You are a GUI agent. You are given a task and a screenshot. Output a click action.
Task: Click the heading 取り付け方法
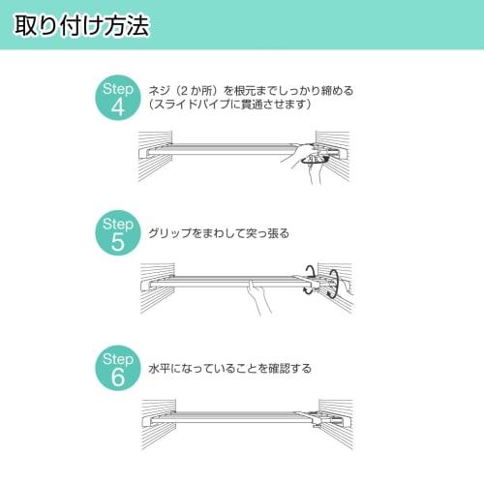pos(82,26)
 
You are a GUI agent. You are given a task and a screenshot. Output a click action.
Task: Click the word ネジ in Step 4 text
pos(159,91)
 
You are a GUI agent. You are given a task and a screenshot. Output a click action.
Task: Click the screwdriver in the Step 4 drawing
pos(308,160)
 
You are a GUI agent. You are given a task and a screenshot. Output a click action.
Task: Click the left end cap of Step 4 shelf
pos(149,152)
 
